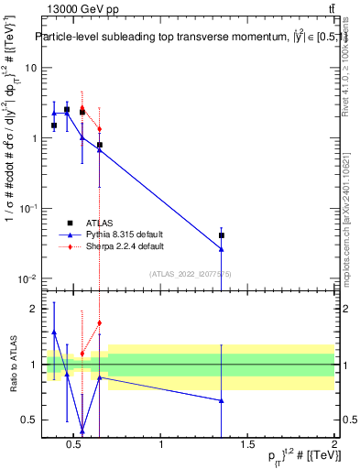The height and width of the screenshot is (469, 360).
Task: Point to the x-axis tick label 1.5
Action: tap(247, 447)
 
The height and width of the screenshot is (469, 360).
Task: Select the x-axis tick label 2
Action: tap(334, 447)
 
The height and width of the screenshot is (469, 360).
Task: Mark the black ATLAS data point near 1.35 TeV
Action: tap(222, 235)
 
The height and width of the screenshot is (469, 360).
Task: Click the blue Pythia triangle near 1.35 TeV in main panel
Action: tap(222, 248)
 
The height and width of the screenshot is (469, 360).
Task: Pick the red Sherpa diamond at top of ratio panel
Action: tap(99, 322)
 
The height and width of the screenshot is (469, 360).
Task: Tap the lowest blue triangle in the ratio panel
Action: tap(82, 430)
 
